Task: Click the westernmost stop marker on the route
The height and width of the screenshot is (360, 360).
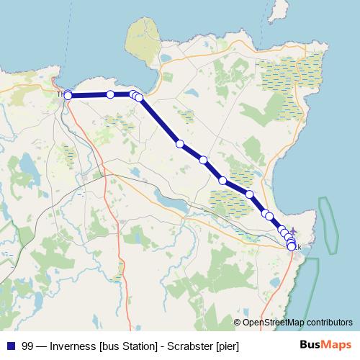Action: (x=68, y=95)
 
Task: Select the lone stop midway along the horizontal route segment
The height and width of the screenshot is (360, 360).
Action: (x=110, y=94)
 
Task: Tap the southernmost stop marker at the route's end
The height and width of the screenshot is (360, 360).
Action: (x=292, y=247)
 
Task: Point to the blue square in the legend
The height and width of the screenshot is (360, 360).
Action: (x=11, y=346)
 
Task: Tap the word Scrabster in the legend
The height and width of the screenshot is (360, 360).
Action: (x=189, y=346)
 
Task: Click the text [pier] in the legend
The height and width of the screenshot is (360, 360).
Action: (x=227, y=346)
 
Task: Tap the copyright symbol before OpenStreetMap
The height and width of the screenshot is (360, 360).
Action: (x=237, y=323)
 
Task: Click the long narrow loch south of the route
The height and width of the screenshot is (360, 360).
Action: (x=170, y=202)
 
